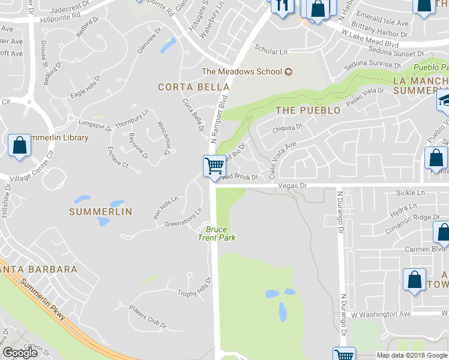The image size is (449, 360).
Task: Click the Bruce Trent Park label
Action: (x=217, y=233)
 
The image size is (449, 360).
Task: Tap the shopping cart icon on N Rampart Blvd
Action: (x=214, y=164)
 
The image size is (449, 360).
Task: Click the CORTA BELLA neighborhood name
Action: (x=185, y=87)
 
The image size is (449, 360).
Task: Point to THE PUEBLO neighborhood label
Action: (x=308, y=110)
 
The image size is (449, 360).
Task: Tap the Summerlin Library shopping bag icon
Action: (x=20, y=146)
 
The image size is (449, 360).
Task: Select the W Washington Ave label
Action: (x=381, y=314)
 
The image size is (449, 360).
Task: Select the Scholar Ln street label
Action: (x=271, y=52)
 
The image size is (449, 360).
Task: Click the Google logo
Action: (x=20, y=353)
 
